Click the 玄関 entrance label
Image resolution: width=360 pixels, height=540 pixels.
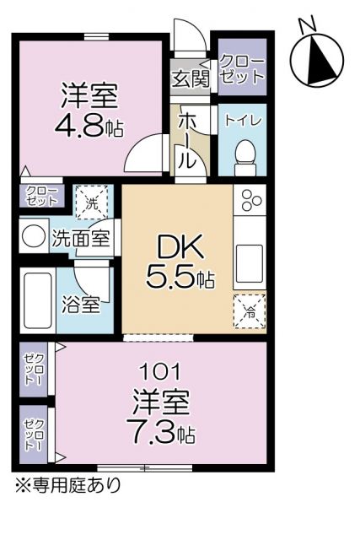(x=191, y=79)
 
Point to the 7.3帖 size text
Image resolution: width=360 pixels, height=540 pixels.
(x=164, y=433)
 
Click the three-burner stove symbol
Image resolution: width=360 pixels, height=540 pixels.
(x=251, y=201)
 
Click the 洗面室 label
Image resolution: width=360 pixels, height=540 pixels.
(x=80, y=238)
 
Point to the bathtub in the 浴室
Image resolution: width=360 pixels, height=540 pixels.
(x=38, y=300)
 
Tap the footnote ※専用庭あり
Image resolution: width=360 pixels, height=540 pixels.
(x=66, y=485)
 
